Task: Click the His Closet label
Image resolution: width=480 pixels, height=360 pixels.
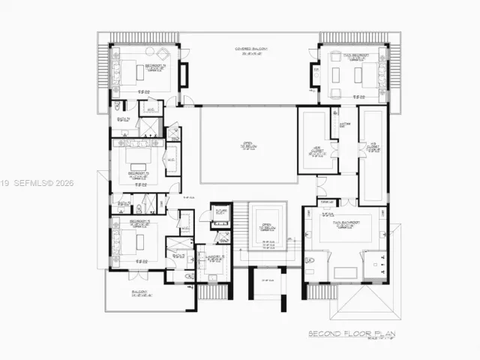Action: click(x=372, y=145)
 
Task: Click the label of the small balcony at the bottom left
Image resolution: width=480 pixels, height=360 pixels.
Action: click(x=139, y=293)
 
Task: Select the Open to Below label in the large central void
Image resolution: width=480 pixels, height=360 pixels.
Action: click(x=247, y=147)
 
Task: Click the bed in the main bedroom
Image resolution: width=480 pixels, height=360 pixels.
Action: click(x=367, y=73)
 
